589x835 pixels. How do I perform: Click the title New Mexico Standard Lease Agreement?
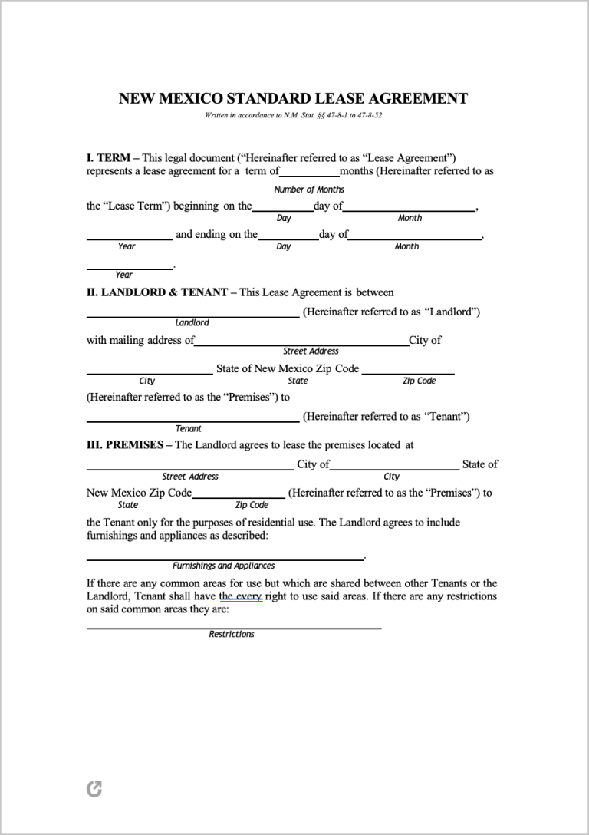(x=293, y=98)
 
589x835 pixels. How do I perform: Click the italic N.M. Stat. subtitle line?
(x=293, y=115)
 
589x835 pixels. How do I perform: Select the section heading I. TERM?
(x=107, y=157)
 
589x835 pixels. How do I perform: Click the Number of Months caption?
(x=309, y=190)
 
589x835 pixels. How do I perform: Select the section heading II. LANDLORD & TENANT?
(x=156, y=292)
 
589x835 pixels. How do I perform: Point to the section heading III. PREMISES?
(x=124, y=444)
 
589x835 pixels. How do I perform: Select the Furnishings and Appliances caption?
(x=223, y=566)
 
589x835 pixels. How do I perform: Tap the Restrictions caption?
(x=232, y=634)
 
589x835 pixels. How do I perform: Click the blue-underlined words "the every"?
(x=241, y=596)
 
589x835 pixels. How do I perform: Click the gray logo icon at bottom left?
(x=94, y=789)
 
